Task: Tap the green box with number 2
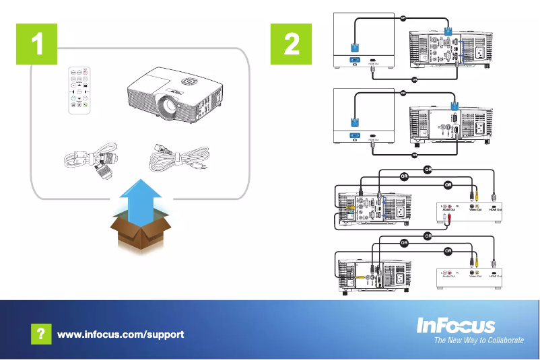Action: point(292,44)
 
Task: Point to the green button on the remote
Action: point(86,104)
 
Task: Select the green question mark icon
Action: point(40,334)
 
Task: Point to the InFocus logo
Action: point(456,326)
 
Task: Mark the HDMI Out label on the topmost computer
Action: point(372,66)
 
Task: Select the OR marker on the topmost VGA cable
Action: point(403,17)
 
